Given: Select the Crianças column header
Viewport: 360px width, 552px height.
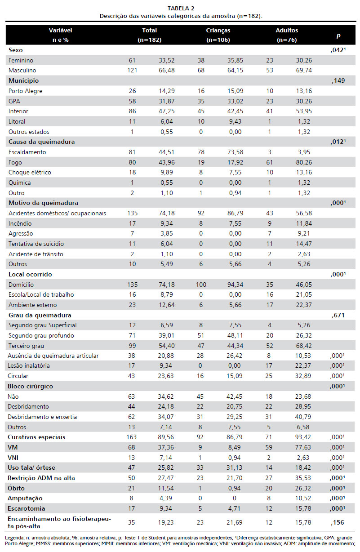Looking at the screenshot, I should click(x=218, y=31).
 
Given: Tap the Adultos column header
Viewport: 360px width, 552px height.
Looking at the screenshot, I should click(x=287, y=31).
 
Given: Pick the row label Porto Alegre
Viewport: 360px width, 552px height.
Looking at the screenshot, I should click(x=24, y=91).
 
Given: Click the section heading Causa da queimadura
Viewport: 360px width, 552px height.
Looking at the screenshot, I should click(x=41, y=142).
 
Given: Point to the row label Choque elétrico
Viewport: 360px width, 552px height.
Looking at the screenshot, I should click(x=29, y=172).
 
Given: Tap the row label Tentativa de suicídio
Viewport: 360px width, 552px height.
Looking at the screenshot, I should click(x=36, y=243).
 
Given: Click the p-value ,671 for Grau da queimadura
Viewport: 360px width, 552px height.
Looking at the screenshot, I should click(x=338, y=315).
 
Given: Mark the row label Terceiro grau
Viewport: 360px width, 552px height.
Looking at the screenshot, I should click(x=27, y=345).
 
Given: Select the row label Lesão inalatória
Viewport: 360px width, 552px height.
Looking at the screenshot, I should click(x=29, y=366).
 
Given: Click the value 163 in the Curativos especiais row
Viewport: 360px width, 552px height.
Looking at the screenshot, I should click(x=131, y=437).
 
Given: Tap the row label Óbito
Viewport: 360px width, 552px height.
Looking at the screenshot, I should click(x=17, y=488).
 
